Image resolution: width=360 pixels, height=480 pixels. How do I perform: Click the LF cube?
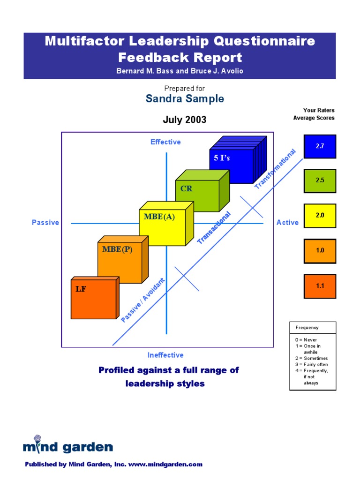click(93, 299)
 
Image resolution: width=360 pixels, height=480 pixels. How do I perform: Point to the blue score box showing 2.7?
click(320, 146)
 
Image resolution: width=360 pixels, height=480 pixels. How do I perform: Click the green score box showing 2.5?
click(320, 180)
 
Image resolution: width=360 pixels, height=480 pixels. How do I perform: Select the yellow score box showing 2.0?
click(320, 216)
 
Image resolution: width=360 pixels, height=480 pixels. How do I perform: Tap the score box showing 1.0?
click(320, 251)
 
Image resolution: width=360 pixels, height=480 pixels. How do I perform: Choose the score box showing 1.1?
click(320, 286)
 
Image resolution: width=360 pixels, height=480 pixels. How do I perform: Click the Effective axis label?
click(165, 142)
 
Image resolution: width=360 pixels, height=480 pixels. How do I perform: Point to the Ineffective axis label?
click(165, 355)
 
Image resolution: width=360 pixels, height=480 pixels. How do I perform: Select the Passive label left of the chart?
click(45, 223)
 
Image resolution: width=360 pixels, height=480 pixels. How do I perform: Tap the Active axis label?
click(287, 223)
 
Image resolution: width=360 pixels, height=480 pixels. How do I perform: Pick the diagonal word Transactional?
click(214, 228)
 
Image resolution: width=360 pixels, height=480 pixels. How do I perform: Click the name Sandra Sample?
click(185, 99)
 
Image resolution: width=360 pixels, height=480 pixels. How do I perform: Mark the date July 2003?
click(185, 120)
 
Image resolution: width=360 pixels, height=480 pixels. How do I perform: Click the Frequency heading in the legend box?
click(307, 328)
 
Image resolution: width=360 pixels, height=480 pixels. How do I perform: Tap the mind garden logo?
click(67, 446)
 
